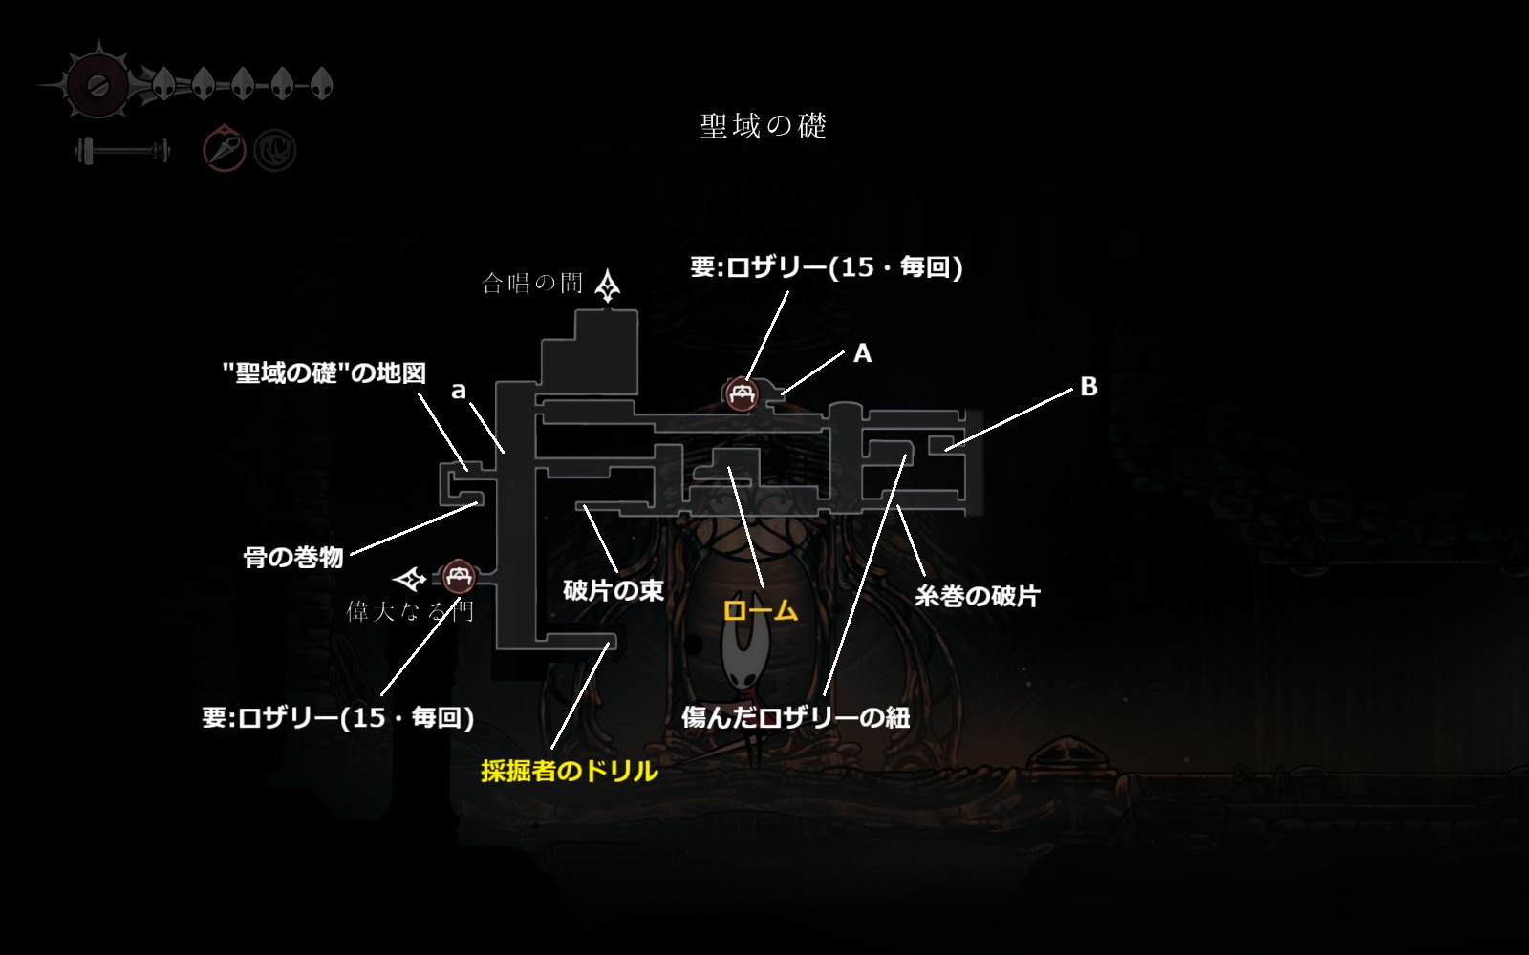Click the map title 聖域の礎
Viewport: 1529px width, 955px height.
pyautogui.click(x=763, y=126)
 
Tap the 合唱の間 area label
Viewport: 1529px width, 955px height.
pyautogui.click(x=532, y=283)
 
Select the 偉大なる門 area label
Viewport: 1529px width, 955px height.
pyautogui.click(x=409, y=611)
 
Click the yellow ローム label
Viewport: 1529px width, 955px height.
pyautogui.click(x=760, y=610)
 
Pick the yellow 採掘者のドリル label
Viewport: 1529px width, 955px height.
pyautogui.click(x=570, y=771)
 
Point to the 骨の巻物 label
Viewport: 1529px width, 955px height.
pyautogui.click(x=293, y=557)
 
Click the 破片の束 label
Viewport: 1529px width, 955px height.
pyautogui.click(x=614, y=590)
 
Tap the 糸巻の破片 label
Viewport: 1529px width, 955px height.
pyautogui.click(x=977, y=596)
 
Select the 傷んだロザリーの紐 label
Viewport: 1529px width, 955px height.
pyautogui.click(x=795, y=717)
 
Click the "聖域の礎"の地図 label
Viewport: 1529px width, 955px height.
pyautogui.click(x=324, y=372)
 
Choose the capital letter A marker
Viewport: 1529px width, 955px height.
pyautogui.click(x=862, y=353)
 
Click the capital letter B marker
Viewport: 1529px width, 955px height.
pyautogui.click(x=1088, y=387)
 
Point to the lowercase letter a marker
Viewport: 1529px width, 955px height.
pyautogui.click(x=459, y=390)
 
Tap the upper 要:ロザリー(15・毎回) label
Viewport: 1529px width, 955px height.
pyautogui.click(x=826, y=267)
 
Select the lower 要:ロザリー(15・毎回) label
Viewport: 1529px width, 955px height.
pyautogui.click(x=338, y=717)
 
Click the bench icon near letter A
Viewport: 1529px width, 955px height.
pyautogui.click(x=741, y=393)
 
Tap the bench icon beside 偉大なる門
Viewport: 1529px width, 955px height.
pyautogui.click(x=460, y=576)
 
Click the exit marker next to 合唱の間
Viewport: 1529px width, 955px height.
pyautogui.click(x=608, y=285)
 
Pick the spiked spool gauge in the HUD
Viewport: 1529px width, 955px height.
pyautogui.click(x=97, y=86)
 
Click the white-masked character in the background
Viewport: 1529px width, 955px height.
pyautogui.click(x=743, y=659)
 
